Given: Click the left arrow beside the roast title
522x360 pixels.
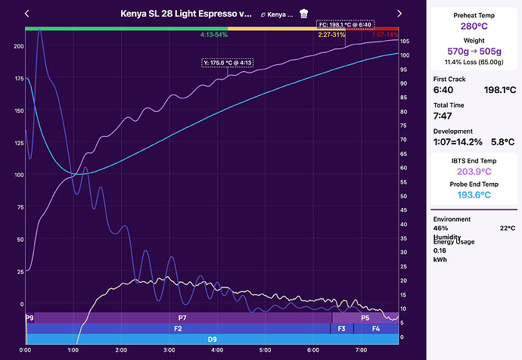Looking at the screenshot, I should (27, 14).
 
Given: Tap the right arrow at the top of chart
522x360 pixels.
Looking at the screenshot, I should (399, 14).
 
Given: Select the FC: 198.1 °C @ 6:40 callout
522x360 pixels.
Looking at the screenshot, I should (345, 24).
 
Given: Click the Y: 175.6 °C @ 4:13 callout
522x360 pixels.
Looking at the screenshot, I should (227, 63).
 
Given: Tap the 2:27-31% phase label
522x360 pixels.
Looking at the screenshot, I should (332, 36).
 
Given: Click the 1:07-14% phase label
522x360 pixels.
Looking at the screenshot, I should (385, 36).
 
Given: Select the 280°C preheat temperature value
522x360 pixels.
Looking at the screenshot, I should (475, 25).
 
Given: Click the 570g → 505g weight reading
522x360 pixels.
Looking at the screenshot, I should (475, 51).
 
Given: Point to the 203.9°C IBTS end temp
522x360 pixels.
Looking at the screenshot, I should (475, 171).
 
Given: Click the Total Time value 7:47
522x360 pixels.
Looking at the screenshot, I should (444, 117).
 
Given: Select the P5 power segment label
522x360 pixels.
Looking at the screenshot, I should (365, 318).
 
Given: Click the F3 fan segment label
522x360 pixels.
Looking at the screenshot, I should (342, 329).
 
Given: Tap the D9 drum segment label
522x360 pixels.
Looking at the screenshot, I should (213, 340).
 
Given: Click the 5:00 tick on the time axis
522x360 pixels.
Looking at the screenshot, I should (265, 350).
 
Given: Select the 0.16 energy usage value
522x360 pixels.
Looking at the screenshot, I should (440, 250).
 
